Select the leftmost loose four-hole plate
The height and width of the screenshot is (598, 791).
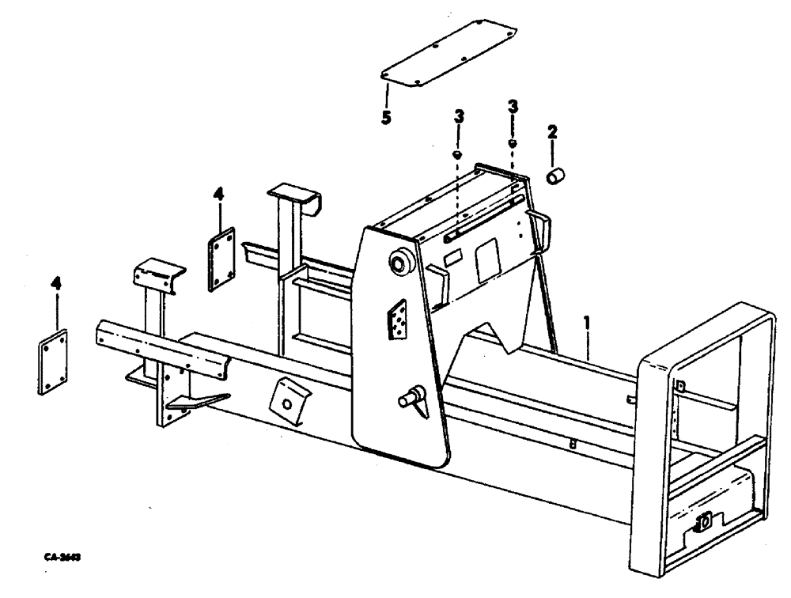[53, 361]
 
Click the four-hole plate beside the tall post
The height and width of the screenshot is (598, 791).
[222, 259]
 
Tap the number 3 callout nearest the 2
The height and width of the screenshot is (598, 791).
[513, 106]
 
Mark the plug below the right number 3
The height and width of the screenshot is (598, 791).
[512, 142]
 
